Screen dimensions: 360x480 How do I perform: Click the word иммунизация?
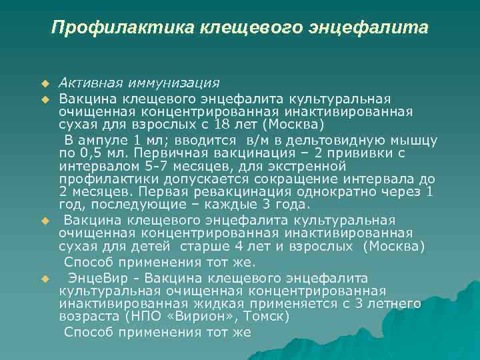pyautogui.click(x=174, y=83)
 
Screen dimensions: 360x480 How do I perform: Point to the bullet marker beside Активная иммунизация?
pyautogui.click(x=45, y=84)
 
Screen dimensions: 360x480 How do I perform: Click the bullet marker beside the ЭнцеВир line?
pyautogui.click(x=45, y=278)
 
